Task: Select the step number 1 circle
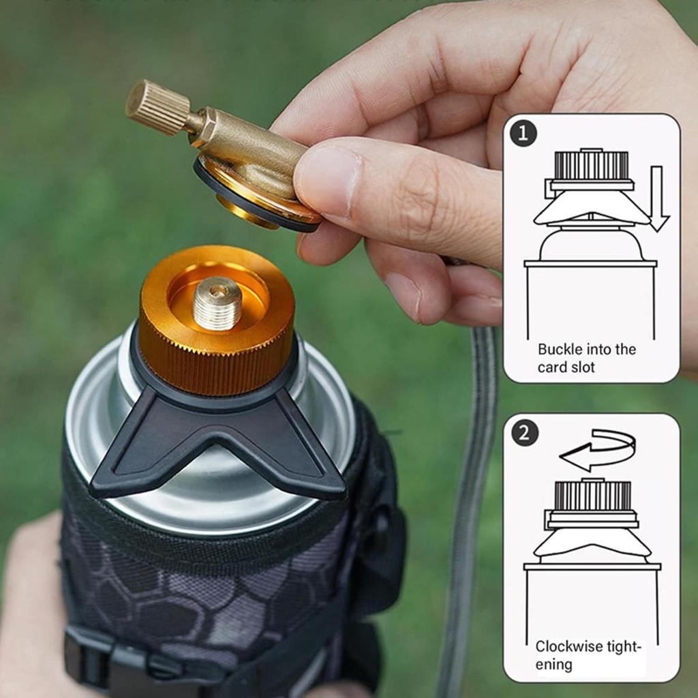(x=523, y=134)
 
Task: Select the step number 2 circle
(x=524, y=433)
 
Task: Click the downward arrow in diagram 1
(x=658, y=198)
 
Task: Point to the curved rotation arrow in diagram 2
(x=598, y=450)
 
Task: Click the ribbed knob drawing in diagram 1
(x=590, y=166)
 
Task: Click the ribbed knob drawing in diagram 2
(x=590, y=496)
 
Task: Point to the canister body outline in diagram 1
(x=590, y=300)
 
